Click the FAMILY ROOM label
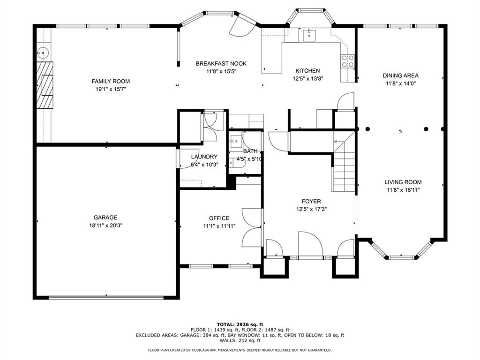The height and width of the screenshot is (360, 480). (111, 81)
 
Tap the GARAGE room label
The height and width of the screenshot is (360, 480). (105, 217)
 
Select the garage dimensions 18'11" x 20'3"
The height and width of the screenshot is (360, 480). (105, 225)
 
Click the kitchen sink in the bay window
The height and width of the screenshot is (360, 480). (309, 34)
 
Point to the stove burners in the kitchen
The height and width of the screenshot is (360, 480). (348, 61)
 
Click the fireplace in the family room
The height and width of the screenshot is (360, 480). (45, 85)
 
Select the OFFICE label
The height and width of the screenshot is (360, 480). (219, 218)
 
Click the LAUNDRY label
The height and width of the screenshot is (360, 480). (204, 157)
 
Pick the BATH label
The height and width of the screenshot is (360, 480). (250, 151)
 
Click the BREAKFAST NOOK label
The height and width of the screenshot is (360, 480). (221, 64)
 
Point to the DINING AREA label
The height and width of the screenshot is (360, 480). (400, 75)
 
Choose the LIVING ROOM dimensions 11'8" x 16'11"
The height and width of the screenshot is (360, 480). (403, 190)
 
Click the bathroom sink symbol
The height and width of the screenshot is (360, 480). (235, 140)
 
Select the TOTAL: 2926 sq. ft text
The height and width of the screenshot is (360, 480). (240, 324)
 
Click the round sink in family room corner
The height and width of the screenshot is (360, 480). (43, 52)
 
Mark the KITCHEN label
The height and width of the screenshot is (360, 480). (307, 71)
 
